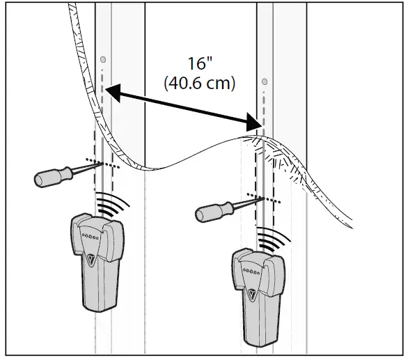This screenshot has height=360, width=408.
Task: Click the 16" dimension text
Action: pos(200,63)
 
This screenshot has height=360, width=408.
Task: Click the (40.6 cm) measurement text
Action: pos(200,84)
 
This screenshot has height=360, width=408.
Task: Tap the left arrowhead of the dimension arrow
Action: pos(113,92)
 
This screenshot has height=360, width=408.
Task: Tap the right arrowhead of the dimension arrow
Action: pos(254,123)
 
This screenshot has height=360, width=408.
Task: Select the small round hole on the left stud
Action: pos(103,60)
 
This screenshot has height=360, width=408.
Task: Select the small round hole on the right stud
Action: pos(265,81)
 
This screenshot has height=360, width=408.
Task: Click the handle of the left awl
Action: pos(54,176)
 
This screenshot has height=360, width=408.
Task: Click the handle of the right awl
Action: pos(214,212)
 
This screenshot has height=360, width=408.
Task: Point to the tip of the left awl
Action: pos(102,163)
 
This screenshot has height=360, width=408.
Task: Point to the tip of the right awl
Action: pos(263,198)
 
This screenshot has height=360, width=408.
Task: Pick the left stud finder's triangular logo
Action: pos(91,260)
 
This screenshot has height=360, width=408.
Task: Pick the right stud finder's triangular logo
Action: pos(252,295)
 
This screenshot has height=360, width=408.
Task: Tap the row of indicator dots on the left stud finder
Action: pos(90,236)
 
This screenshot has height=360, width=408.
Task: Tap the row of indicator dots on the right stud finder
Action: pos(251,272)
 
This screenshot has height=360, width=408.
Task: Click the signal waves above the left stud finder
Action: pos(112,204)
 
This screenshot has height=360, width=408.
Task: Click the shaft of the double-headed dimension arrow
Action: pos(183,107)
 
